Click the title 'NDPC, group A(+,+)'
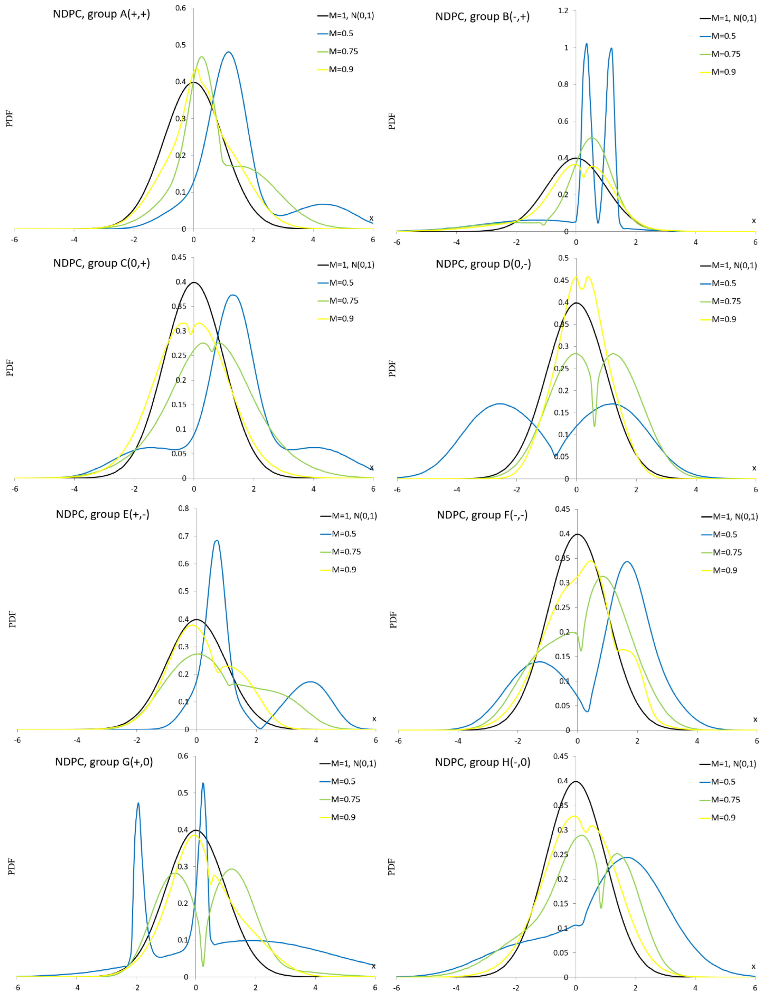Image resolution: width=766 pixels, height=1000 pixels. pos(101,14)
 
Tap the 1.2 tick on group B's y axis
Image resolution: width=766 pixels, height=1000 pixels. pos(563,11)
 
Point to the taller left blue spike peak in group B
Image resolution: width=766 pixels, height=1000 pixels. pos(586,44)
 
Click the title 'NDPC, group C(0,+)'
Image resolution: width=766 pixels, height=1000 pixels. pos(101,263)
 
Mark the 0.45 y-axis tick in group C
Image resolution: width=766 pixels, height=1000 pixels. pos(179,257)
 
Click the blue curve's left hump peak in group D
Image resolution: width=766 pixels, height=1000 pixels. pos(500,404)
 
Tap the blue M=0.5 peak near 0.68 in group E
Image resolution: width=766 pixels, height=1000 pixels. pos(217,541)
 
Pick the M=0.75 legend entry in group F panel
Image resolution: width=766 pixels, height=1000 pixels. pos(727,552)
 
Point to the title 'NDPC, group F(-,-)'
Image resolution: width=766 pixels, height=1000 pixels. pos(482,515)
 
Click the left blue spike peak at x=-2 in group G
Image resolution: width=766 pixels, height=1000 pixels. pos(138,803)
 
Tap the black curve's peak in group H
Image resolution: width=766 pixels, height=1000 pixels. pos(576,782)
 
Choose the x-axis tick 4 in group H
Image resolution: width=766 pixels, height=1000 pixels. pos(695,988)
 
